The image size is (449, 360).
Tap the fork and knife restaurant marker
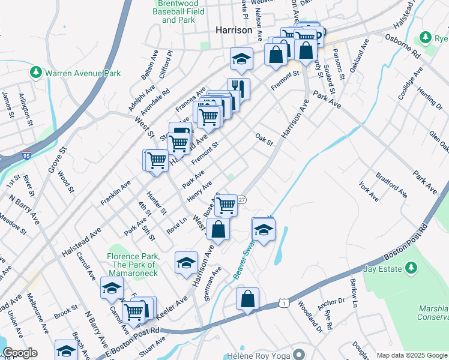[x=238, y=89]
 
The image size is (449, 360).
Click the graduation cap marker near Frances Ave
[x=241, y=58]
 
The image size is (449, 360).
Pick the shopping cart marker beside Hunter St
[x=156, y=160]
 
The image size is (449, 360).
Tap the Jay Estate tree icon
[x=411, y=266]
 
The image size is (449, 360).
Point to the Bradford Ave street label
[x=391, y=186]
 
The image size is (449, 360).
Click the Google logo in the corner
[x=20, y=353]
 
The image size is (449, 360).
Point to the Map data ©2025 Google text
[x=411, y=355]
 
